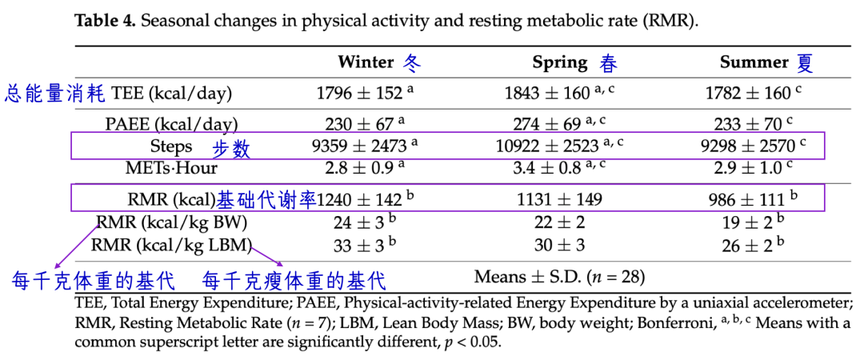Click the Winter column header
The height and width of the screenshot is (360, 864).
pos(366,62)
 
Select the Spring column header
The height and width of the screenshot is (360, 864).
pos(560,62)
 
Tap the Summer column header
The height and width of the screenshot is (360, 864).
pos(754,62)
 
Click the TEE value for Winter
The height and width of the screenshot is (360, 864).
pos(365,93)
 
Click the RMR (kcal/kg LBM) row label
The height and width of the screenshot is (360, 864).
pos(171,244)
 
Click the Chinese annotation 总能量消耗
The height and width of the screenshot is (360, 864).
pos(55,93)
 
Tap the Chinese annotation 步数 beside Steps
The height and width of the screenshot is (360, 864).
pos(231,148)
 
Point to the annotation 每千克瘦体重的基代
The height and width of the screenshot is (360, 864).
pos(294,281)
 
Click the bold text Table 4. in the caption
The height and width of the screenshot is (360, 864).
pos(106,22)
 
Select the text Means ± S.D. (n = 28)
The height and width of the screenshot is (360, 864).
pos(559,276)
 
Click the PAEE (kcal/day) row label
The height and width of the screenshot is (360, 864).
pos(171,123)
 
